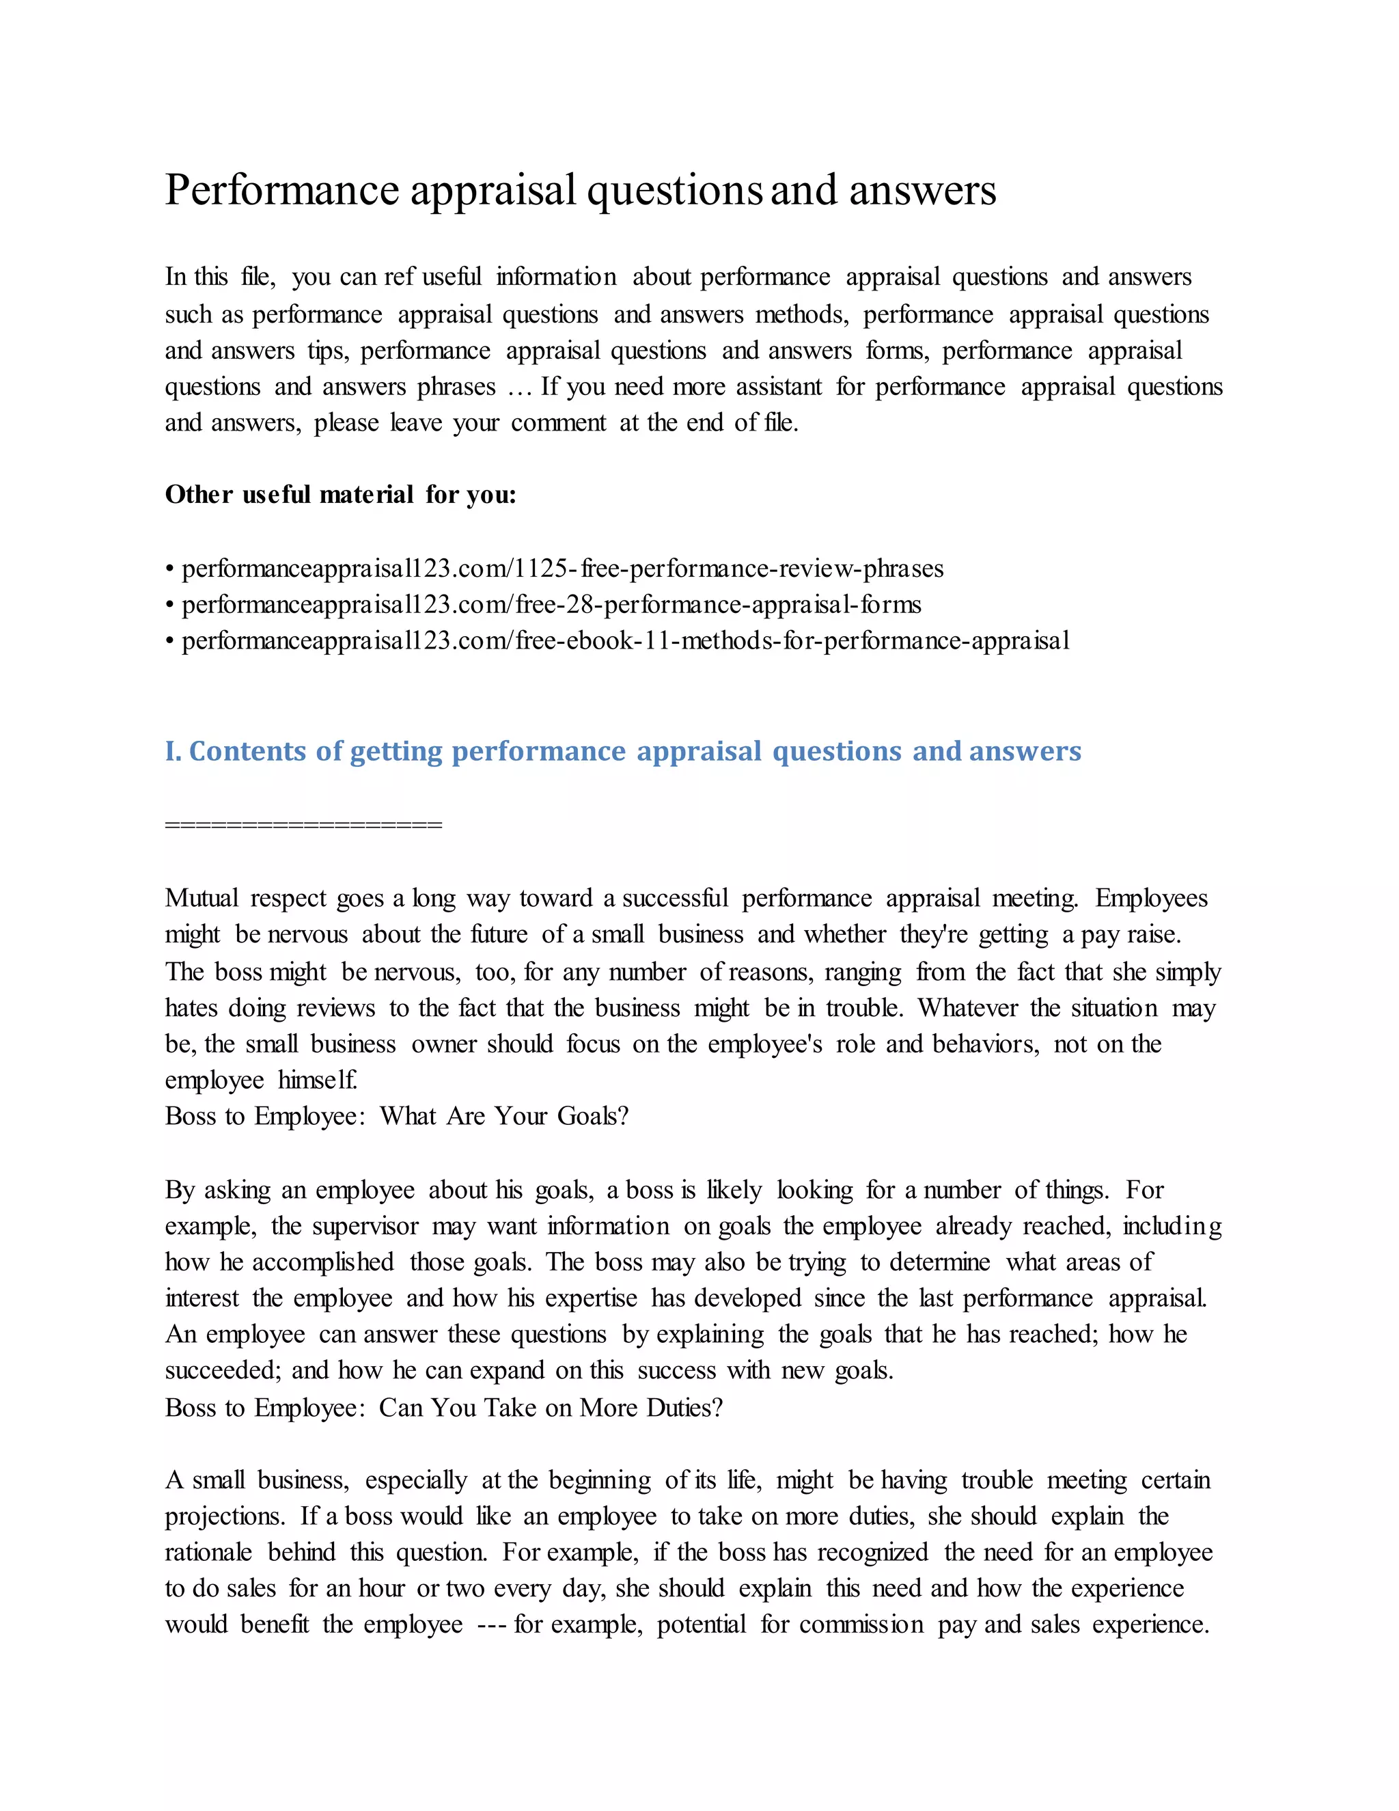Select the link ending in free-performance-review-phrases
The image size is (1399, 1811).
(562, 569)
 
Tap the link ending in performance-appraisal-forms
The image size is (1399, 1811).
(551, 605)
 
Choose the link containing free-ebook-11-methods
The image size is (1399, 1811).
(625, 640)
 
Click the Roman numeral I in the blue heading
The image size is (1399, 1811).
(171, 750)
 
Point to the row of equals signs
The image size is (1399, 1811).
(303, 824)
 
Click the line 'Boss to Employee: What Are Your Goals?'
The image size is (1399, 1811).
(396, 1116)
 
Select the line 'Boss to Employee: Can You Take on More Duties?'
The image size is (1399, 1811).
(443, 1407)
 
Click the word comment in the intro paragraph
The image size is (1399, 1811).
(558, 423)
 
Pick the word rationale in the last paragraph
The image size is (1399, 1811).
(208, 1552)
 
